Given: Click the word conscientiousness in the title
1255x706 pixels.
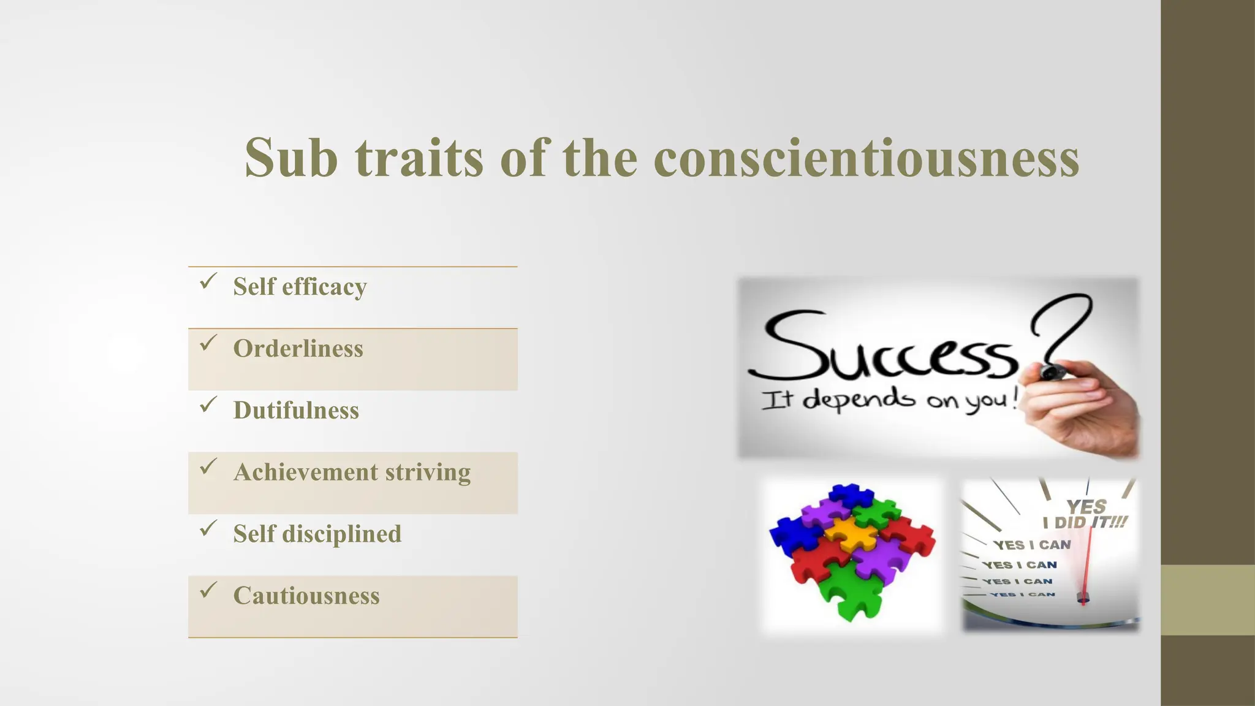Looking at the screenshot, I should [x=866, y=158].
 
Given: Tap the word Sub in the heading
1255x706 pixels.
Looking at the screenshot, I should [x=291, y=158].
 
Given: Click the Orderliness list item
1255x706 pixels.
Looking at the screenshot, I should [x=298, y=349].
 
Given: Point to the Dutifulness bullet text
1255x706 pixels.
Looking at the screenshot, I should [x=296, y=411].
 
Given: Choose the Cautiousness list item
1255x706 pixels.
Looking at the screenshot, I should [x=306, y=596].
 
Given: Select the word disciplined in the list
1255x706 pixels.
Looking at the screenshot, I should [x=341, y=534].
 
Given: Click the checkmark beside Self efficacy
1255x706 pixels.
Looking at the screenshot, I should [x=208, y=282].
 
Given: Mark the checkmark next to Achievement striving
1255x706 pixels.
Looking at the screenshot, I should [x=208, y=468].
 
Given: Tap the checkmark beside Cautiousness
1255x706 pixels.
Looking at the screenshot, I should [x=208, y=591].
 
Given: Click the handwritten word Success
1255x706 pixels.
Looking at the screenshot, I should [x=882, y=349].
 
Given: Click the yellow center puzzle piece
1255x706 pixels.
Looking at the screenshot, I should [x=852, y=533].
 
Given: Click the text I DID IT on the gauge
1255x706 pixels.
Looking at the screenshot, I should [x=1085, y=523].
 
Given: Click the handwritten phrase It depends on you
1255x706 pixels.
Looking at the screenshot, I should [x=889, y=400].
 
